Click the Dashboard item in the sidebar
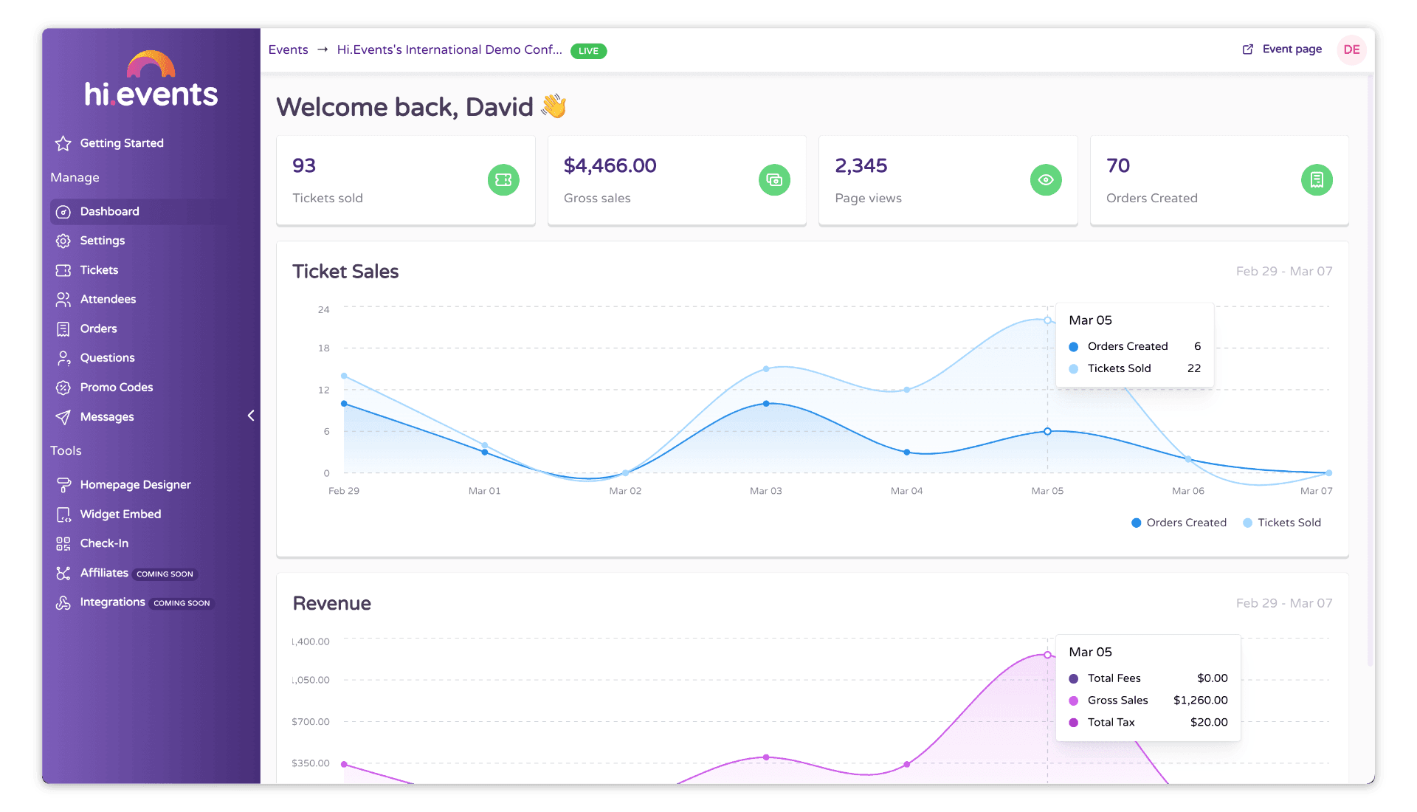tap(109, 212)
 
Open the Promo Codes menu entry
tap(116, 388)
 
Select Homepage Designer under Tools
tap(135, 485)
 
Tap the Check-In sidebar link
tap(104, 543)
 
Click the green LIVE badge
tap(588, 51)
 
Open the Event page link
tap(1291, 49)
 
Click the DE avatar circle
tap(1351, 49)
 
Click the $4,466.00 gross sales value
tap(610, 165)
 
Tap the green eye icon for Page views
tap(1045, 180)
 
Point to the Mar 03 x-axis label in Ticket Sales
tap(765, 491)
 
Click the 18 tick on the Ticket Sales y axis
tap(323, 348)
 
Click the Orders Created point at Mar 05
tap(1047, 431)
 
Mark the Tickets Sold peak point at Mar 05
tap(1047, 320)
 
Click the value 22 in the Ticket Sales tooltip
tap(1193, 368)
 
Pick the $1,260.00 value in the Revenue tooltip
tap(1200, 701)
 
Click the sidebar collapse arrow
tap(251, 416)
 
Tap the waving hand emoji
tap(554, 106)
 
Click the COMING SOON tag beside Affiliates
tap(165, 574)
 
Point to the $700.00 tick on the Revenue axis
tap(310, 722)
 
